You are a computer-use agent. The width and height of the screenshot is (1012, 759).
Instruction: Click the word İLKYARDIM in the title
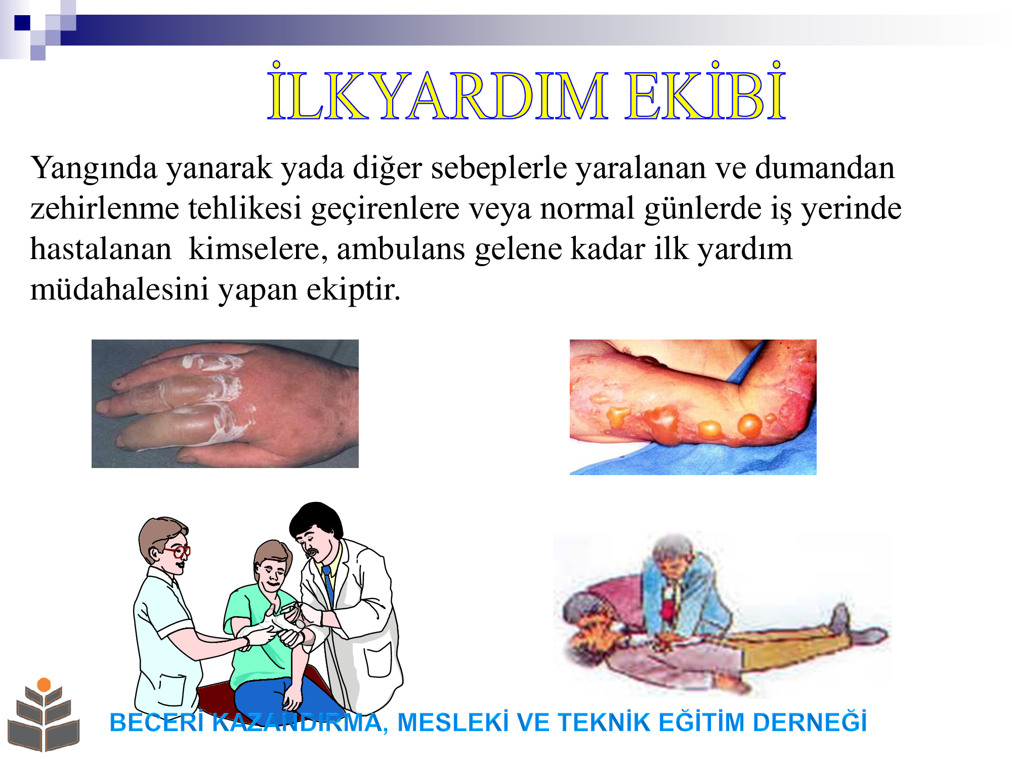coord(437,92)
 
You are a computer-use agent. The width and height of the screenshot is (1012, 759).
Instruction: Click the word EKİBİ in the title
coord(705,92)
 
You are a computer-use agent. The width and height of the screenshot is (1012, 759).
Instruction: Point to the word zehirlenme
coord(105,208)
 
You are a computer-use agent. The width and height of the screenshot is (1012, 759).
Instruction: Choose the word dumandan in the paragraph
coord(825,168)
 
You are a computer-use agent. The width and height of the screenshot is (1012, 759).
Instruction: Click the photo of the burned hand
coord(225,404)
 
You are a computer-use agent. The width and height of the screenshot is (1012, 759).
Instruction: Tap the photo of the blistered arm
coord(693,407)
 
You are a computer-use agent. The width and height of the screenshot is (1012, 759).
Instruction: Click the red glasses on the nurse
coord(177,551)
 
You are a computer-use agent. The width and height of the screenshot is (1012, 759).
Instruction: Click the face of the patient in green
coord(271,572)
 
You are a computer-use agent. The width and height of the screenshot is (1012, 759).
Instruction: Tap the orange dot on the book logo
coord(44,685)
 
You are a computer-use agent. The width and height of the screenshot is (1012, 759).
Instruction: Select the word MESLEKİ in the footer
coord(453,722)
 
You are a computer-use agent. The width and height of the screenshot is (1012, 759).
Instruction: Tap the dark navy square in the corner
coord(22,23)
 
